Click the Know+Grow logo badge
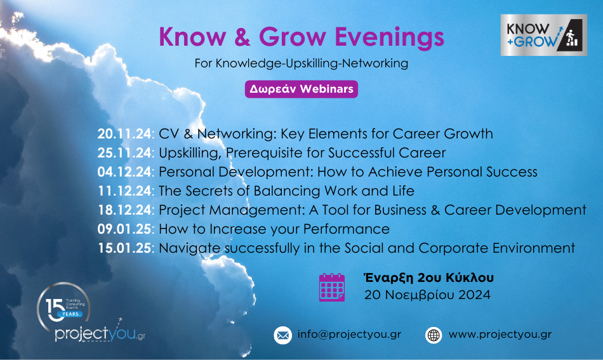543,35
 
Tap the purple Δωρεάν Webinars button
301,89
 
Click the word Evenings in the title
389,37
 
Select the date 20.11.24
124,134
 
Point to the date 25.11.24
124,153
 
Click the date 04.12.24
124,172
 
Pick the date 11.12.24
124,191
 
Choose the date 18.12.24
124,210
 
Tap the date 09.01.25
124,229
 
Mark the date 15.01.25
124,248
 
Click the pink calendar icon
332,287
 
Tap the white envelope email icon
282,335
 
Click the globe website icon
434,335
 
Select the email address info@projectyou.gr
349,334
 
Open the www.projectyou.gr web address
500,334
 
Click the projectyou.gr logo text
100,333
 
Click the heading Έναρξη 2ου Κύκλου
429,277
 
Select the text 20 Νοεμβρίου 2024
427,295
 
